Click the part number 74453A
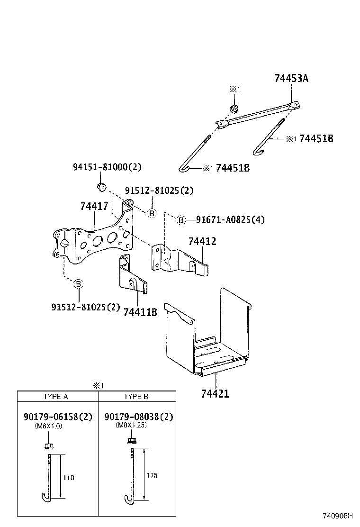291,79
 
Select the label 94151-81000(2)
107,167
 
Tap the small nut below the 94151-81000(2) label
101,186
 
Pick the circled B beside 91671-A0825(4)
180,219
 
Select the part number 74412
202,241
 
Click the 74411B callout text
140,312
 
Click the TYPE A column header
55,397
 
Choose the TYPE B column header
136,397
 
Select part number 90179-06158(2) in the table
58,417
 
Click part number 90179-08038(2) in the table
138,417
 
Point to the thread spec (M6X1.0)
48,426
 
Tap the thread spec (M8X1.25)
131,426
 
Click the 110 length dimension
69,477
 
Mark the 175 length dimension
152,475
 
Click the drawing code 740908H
338,516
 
